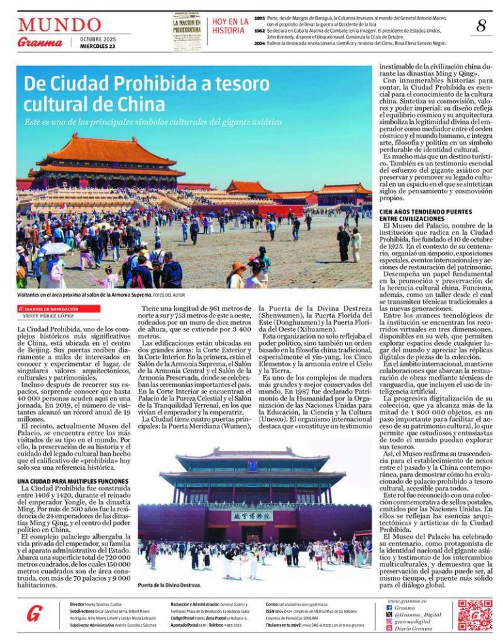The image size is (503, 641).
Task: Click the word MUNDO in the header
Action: [x=60, y=25]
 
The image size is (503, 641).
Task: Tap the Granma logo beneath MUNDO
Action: [x=40, y=43]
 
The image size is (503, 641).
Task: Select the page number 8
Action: [x=481, y=26]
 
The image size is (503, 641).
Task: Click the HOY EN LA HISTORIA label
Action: [x=230, y=26]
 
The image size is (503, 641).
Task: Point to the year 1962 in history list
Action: [x=259, y=30]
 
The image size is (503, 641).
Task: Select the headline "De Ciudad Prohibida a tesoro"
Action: [x=147, y=84]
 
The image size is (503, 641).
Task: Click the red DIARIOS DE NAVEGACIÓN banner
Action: [x=58, y=308]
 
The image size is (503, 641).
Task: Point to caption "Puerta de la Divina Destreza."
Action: [x=169, y=585]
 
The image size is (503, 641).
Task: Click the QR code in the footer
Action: [x=475, y=615]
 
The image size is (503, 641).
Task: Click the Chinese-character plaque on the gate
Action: [x=252, y=515]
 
